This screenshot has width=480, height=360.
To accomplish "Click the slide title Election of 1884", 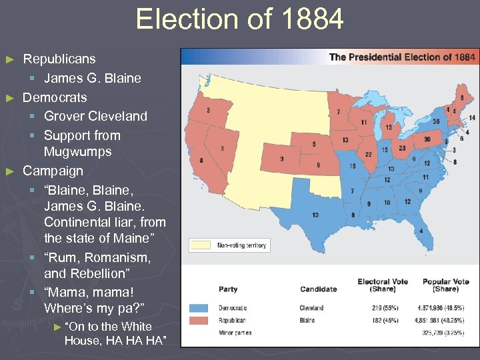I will point(239,19).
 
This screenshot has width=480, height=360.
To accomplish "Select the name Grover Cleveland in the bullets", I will point(95,116).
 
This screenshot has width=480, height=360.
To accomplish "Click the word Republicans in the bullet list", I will point(59,59).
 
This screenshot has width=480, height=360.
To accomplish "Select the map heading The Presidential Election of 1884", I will point(402,57).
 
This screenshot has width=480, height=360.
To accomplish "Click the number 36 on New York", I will point(435,122).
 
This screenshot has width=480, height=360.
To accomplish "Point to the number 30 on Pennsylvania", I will point(427,139).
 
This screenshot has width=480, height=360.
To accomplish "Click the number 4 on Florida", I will point(421,231).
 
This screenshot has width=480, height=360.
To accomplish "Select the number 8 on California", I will point(201,160).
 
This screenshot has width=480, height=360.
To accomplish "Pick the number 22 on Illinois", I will point(367,154).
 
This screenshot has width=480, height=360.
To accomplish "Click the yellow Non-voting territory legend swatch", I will point(201,245).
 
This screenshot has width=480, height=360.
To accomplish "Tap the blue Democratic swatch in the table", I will point(199,308).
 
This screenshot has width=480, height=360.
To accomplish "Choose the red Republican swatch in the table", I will point(199,320).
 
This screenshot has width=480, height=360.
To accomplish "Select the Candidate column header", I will point(318,289).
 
